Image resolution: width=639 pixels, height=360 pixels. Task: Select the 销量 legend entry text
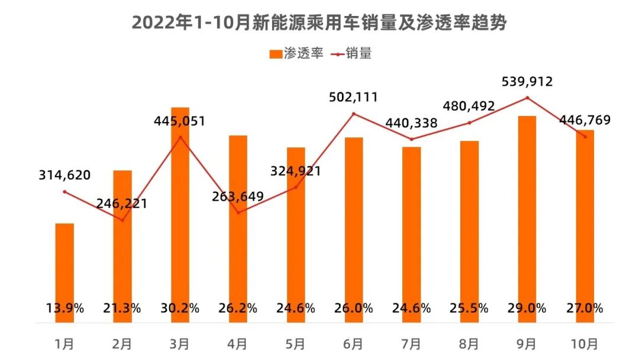pos(360,53)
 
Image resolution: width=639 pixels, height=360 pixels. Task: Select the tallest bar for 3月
pos(180,207)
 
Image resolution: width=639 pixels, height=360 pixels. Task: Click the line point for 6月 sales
pos(354,114)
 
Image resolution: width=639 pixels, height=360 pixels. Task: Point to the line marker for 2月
pos(122,220)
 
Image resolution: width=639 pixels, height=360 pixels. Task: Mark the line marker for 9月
pos(527,98)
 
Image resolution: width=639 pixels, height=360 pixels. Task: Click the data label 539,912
pos(526,82)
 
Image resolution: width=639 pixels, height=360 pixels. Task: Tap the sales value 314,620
pos(64,175)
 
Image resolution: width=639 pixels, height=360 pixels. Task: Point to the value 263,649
pos(238,197)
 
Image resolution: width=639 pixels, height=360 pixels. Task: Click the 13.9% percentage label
pos(64,308)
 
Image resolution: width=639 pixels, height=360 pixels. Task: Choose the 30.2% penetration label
pos(180,308)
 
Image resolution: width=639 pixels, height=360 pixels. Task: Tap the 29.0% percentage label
pos(527,308)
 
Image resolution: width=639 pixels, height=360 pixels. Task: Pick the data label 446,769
pos(585,121)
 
